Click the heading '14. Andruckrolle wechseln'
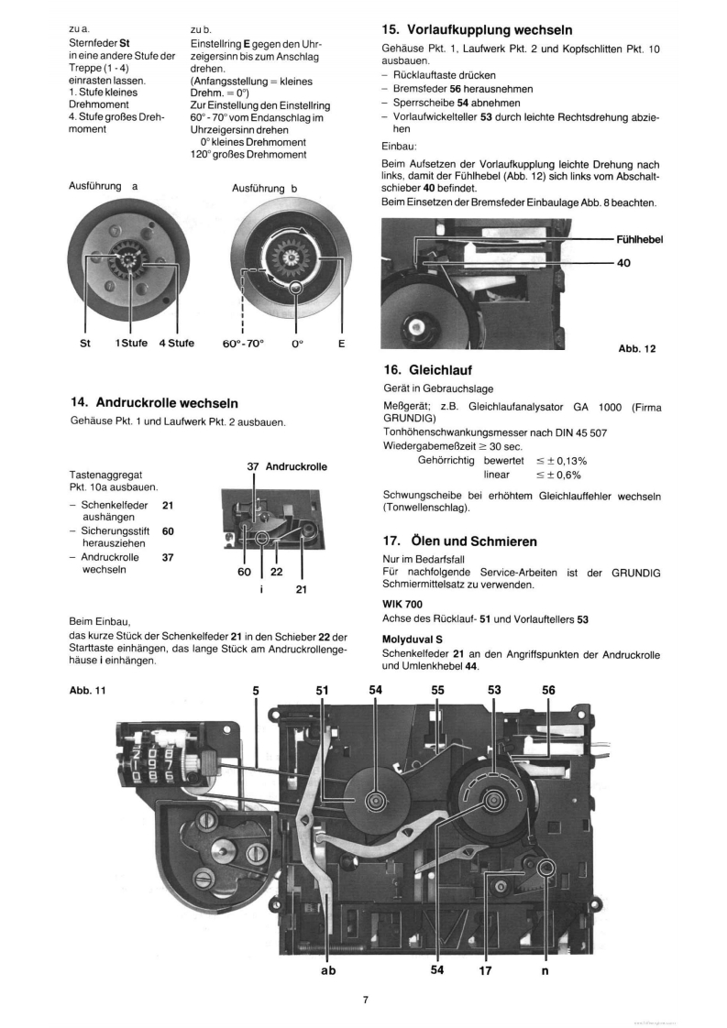pos(155,402)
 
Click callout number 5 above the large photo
pos(255,691)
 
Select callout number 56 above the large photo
pos(548,691)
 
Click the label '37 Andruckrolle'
pos(287,466)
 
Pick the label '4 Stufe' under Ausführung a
pos(175,344)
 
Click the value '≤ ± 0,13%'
pos(561,460)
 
